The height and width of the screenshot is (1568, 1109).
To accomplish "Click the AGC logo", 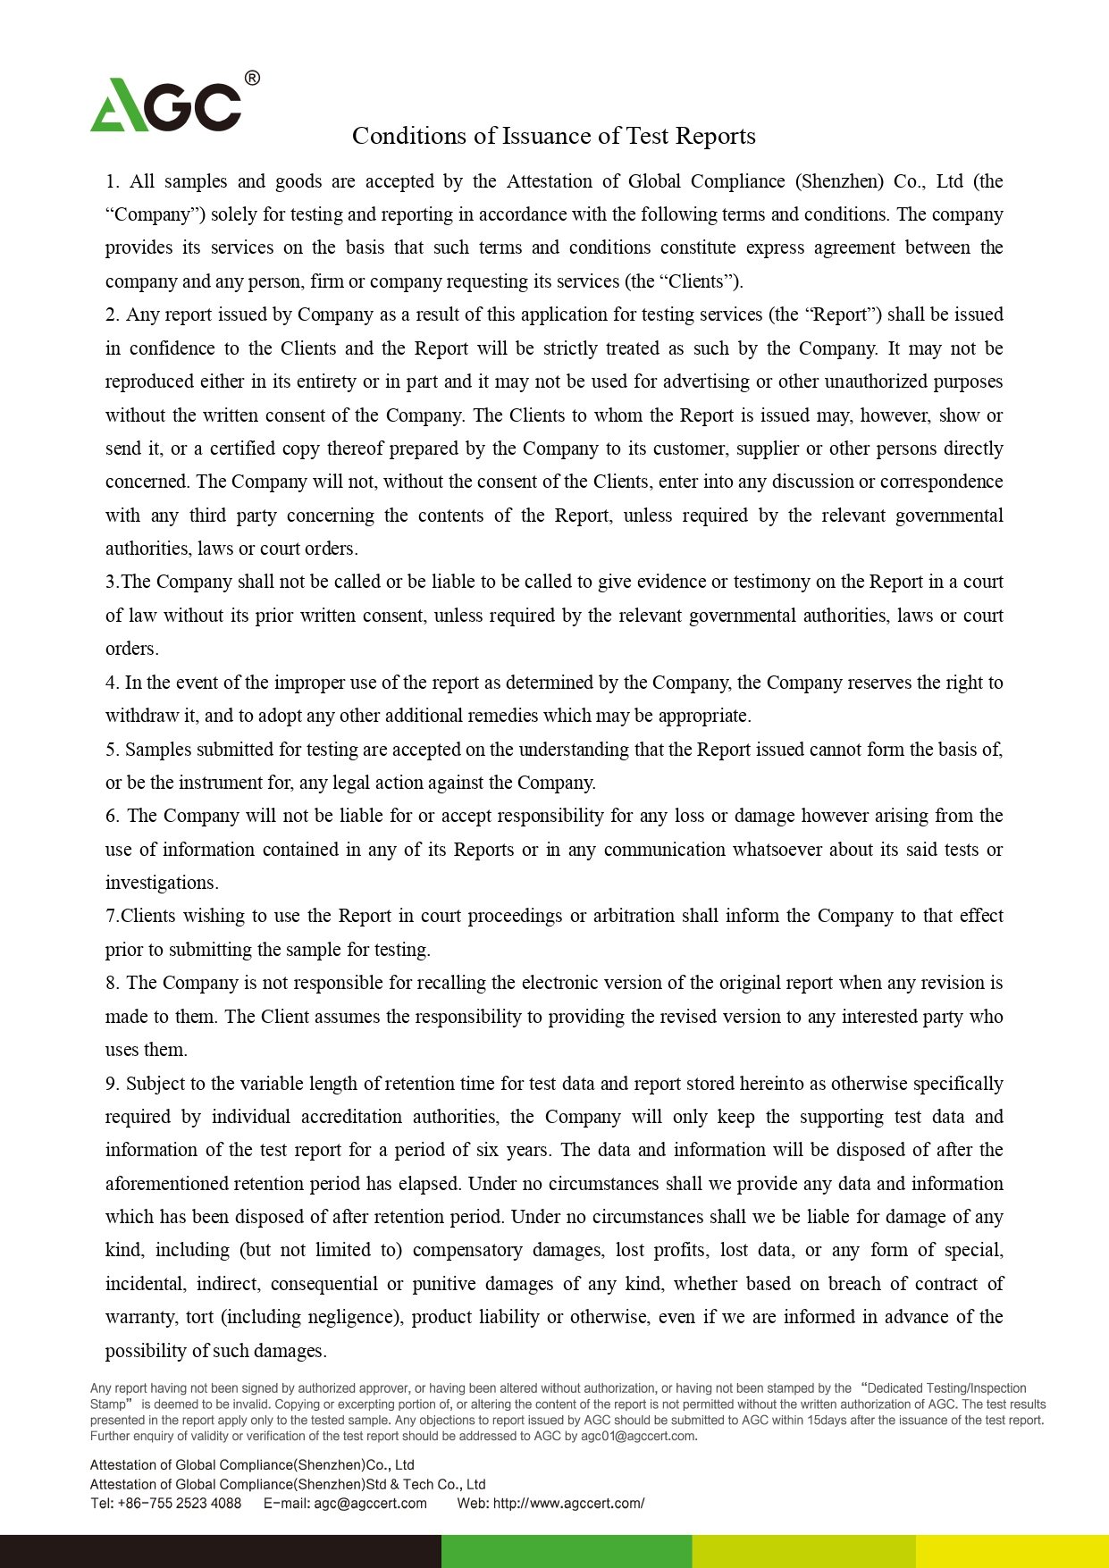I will tap(166, 105).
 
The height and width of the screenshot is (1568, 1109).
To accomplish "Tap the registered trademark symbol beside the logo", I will tap(252, 79).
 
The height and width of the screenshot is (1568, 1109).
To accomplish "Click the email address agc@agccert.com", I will tap(370, 1504).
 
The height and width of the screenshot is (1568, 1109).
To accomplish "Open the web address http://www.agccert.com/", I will tap(568, 1504).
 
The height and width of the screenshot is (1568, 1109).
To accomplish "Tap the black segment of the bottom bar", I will tap(220, 1551).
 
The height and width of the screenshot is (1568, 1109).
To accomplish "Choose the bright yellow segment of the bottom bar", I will tap(1012, 1551).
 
